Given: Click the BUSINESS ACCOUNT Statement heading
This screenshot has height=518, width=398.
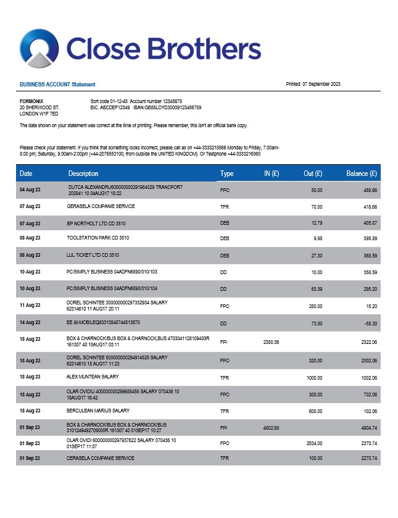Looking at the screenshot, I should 57,85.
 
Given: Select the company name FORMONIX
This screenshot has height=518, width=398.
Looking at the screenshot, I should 31,101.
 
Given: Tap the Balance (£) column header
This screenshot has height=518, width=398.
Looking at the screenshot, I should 362,174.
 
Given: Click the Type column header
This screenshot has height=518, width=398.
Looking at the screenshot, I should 226,174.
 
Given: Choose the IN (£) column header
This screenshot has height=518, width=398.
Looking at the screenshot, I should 272,174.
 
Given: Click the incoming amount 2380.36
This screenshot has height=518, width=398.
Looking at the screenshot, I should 272,341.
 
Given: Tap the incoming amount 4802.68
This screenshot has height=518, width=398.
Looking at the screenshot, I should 272,427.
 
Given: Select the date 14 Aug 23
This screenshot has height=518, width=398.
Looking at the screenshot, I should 30,322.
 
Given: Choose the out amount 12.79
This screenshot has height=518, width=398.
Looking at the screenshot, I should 317,222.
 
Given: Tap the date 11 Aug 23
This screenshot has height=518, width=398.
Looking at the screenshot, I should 30,305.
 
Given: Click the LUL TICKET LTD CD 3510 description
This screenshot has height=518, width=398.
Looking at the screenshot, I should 93,254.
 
